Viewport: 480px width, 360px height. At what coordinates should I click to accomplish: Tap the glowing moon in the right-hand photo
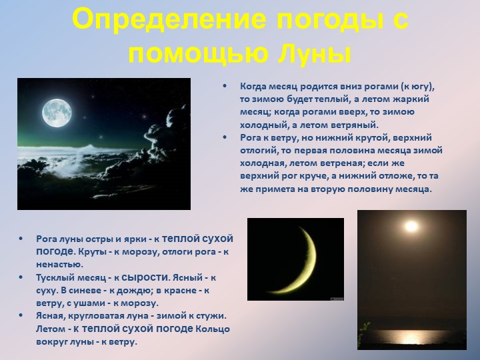[411, 227]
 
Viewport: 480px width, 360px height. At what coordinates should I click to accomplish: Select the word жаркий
[418, 99]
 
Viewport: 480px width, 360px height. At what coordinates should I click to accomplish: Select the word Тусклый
[56, 277]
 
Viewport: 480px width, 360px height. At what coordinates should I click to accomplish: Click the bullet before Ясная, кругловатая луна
[21, 315]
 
